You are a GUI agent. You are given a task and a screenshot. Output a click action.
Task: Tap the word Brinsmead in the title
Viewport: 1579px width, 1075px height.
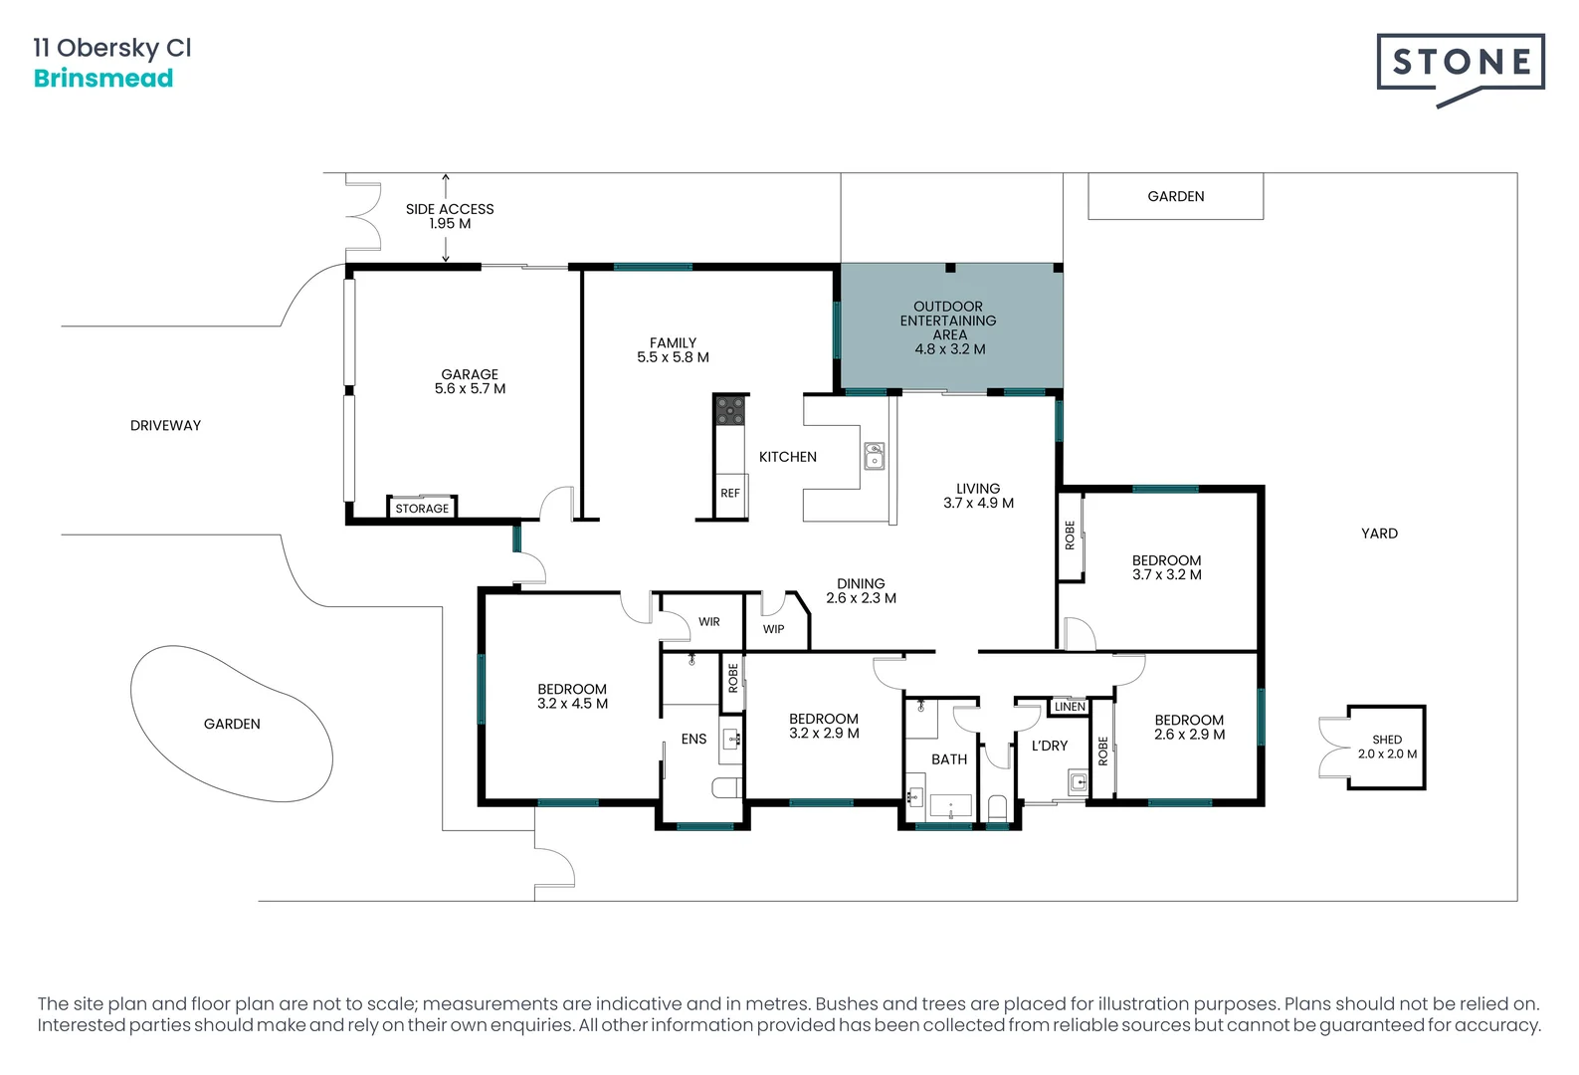pos(103,78)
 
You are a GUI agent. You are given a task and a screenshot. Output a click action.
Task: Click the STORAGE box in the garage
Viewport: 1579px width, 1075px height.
pos(422,508)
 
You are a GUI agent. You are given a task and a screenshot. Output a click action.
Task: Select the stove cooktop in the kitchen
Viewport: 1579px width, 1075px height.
pos(730,411)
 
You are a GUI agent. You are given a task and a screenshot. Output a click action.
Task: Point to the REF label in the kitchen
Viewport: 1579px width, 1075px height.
pos(730,493)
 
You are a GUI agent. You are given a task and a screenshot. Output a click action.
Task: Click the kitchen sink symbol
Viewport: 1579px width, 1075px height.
pos(875,457)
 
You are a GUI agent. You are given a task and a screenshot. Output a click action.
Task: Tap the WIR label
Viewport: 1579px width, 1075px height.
pos(709,621)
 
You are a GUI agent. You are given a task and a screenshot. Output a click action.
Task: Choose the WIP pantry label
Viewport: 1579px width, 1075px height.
pos(773,628)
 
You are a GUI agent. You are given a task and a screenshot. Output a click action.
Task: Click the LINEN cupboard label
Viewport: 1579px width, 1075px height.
pos(1070,706)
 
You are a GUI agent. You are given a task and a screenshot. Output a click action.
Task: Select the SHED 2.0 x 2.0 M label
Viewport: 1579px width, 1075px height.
pos(1387,747)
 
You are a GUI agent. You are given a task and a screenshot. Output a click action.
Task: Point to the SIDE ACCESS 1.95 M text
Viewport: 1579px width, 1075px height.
pos(450,216)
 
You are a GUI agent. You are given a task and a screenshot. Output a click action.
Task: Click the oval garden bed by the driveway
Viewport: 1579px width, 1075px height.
pos(232,724)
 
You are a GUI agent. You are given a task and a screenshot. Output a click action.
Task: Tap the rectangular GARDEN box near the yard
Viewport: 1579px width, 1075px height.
pos(1176,196)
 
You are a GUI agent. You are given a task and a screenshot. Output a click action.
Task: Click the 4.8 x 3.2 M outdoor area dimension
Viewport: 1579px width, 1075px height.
pos(949,349)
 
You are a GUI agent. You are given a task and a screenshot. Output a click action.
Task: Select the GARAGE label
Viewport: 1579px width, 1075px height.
pos(470,374)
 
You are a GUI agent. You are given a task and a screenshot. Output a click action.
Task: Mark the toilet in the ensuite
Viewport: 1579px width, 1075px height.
pos(726,787)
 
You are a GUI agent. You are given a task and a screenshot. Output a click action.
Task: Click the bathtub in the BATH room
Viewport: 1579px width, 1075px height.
pos(951,805)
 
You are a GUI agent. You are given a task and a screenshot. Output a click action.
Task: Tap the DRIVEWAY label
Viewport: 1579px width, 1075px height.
pos(165,425)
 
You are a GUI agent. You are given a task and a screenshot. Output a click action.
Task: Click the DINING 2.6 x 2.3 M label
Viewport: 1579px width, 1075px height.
pos(861,590)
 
